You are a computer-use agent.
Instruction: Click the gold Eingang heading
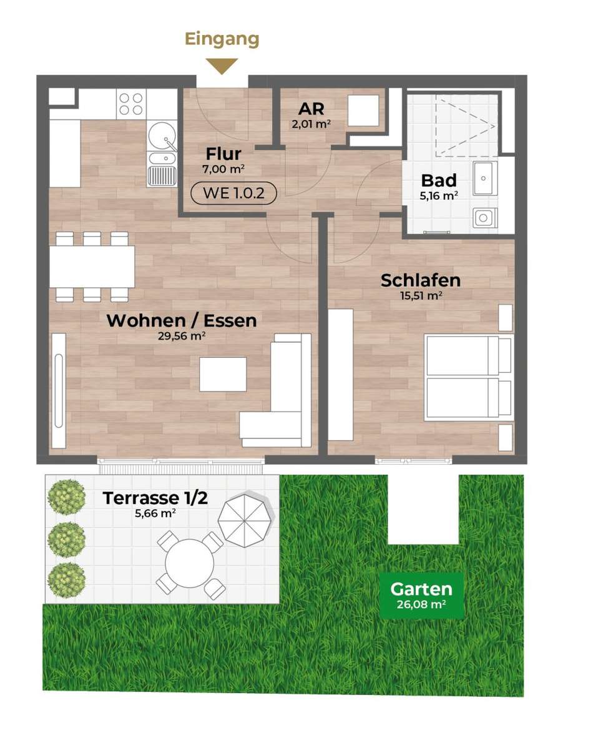(x=222, y=39)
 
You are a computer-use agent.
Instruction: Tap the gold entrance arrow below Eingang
(x=222, y=66)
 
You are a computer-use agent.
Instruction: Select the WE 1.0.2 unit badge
(x=233, y=192)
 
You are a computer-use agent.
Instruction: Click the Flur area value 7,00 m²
(x=223, y=169)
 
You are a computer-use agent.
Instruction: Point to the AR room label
(x=311, y=109)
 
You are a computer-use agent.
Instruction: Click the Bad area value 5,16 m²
(x=438, y=195)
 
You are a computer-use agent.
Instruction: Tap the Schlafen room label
(x=421, y=280)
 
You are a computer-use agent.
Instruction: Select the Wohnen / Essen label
(x=182, y=320)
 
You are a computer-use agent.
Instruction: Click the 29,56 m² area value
(x=182, y=336)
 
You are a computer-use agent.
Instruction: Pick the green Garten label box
(x=421, y=595)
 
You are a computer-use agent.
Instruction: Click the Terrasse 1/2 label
(x=155, y=498)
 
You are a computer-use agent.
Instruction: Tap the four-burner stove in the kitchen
(x=131, y=104)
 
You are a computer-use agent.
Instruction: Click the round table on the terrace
(x=189, y=564)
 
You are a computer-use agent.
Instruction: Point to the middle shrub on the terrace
(x=67, y=539)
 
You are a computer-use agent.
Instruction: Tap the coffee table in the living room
(x=223, y=374)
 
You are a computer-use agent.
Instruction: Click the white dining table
(x=92, y=267)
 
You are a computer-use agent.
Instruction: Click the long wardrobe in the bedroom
(x=340, y=375)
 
